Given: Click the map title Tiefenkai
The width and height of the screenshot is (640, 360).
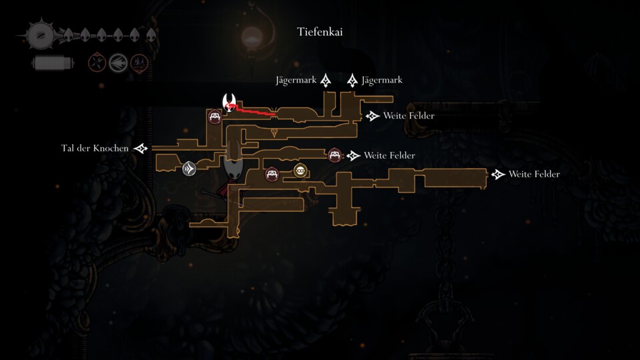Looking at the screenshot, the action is (319, 32).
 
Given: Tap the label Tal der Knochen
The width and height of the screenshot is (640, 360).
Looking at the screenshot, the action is (95, 148).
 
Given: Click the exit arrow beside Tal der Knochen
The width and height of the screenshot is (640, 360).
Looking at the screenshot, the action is (141, 149).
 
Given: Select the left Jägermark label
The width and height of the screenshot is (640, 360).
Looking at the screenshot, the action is (296, 81).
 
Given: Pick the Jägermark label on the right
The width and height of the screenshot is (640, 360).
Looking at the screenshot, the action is (382, 81).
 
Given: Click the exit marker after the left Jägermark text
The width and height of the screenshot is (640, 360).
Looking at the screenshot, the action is (325, 81).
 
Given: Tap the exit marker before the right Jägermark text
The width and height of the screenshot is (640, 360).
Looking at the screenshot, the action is (352, 81).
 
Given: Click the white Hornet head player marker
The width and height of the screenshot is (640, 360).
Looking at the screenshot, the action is (229, 102).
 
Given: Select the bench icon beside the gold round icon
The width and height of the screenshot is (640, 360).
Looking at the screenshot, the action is (272, 174).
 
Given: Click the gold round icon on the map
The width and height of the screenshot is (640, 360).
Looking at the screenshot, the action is (301, 171).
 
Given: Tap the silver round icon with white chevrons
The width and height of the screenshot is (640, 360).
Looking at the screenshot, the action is (189, 169).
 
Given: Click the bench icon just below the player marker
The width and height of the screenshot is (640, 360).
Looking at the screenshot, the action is (215, 117).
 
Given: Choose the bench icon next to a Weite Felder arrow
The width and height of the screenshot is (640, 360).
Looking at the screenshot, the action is (335, 155).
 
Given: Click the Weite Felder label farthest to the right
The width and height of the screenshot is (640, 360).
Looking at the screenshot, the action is (534, 174).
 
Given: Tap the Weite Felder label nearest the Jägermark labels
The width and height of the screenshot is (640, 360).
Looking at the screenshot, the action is (409, 116).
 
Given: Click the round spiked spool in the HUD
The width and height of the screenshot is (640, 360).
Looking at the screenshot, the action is (41, 35).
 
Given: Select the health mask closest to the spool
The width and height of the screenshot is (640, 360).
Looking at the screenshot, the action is (68, 35).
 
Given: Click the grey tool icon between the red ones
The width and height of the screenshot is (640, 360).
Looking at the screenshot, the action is (118, 63).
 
